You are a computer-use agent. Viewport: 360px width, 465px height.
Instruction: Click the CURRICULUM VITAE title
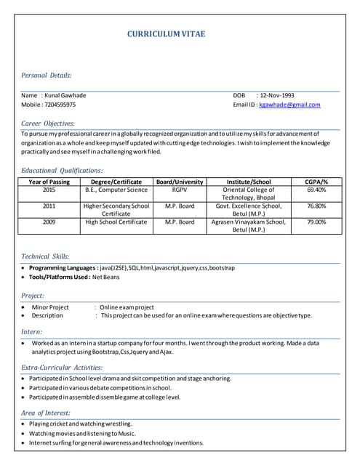pyautogui.click(x=166, y=33)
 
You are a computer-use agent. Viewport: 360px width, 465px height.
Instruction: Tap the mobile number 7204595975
pyautogui.click(x=60, y=105)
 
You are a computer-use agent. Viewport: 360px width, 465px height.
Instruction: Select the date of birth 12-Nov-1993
pyautogui.click(x=277, y=95)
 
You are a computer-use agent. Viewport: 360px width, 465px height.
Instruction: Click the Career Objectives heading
pyautogui.click(x=47, y=124)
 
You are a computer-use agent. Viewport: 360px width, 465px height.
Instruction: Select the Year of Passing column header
pyautogui.click(x=49, y=182)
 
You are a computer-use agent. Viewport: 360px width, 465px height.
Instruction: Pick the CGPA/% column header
pyautogui.click(x=316, y=182)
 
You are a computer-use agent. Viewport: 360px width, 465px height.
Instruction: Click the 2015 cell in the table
pyautogui.click(x=49, y=190)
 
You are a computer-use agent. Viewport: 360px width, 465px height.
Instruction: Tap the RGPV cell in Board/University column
pyautogui.click(x=180, y=190)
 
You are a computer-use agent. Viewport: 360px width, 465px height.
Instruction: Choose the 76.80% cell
pyautogui.click(x=316, y=206)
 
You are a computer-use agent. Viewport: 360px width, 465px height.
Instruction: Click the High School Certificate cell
pyautogui.click(x=116, y=222)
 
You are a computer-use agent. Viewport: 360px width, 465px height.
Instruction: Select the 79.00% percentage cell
pyautogui.click(x=316, y=222)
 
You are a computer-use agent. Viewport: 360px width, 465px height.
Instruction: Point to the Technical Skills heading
pyautogui.click(x=45, y=256)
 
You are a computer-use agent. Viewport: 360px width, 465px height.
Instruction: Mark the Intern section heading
pyautogui.click(x=32, y=331)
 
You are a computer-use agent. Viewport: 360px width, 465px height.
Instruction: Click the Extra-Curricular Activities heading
pyautogui.click(x=62, y=368)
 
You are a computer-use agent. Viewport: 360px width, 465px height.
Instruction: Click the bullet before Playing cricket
pyautogui.click(x=24, y=424)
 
